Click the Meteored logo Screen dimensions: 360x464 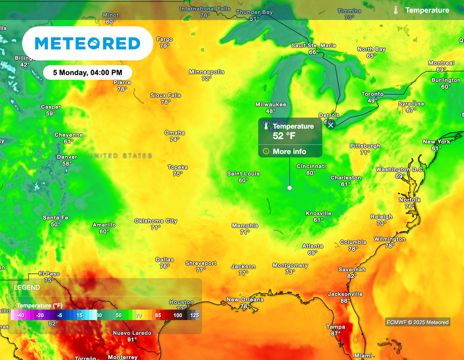(x=87, y=43)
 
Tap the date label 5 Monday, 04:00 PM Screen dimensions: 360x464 (x=87, y=72)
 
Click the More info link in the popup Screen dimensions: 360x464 (x=289, y=151)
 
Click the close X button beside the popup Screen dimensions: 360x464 (x=331, y=125)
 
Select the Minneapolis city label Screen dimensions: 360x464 (x=207, y=72)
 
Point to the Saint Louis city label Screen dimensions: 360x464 (x=243, y=174)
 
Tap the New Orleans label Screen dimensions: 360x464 (x=245, y=300)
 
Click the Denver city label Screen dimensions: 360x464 (x=67, y=157)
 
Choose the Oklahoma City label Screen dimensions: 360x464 (x=155, y=221)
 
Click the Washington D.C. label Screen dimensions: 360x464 (x=399, y=170)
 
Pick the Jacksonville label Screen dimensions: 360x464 (x=345, y=294)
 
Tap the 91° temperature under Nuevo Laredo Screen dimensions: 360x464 (x=132, y=340)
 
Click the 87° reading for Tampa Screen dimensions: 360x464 (x=336, y=334)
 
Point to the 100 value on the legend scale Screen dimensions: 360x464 (x=178, y=315)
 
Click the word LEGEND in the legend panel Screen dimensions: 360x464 (x=27, y=288)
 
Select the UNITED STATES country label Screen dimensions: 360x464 (x=120, y=156)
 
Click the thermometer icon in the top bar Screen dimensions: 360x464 (x=396, y=10)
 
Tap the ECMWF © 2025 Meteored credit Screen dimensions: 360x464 (x=417, y=322)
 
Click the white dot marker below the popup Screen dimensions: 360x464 (x=290, y=187)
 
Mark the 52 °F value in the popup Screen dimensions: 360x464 (x=284, y=135)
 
